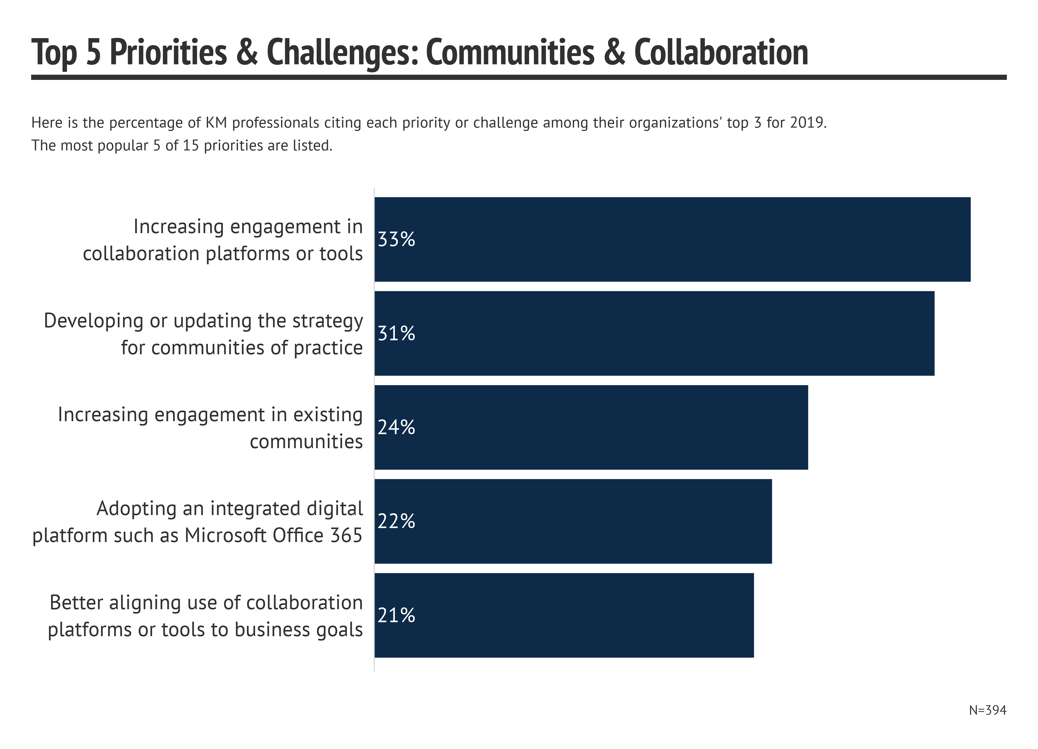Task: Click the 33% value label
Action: pos(396,239)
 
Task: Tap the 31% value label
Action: pos(396,334)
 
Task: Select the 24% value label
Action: pos(396,427)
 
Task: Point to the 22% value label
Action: pos(396,521)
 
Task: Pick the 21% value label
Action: pos(396,615)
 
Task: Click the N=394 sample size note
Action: pos(988,710)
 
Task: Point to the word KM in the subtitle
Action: pos(216,123)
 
